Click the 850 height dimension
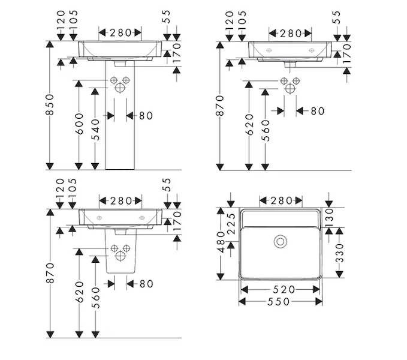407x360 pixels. coord(50,104)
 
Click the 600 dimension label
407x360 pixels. coord(80,124)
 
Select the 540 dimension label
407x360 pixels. coord(96,130)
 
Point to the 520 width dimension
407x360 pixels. coord(284,289)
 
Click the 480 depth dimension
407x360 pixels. coord(221,242)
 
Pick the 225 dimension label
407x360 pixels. coord(231,224)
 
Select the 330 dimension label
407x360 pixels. coord(340,253)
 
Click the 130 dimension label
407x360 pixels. coord(329,218)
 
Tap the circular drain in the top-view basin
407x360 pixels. coord(281,242)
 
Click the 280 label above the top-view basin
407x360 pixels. coord(281,200)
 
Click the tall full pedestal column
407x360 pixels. coord(120,116)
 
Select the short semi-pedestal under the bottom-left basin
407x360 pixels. coord(120,251)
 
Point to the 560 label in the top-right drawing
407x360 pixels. coord(266,130)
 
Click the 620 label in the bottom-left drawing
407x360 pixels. coord(80,292)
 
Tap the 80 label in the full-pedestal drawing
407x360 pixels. coord(146,116)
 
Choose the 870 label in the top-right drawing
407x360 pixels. coord(220,106)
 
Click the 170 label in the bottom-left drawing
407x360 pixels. coord(177,221)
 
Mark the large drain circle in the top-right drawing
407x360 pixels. coord(290,89)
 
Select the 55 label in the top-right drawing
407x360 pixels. coord(336,17)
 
